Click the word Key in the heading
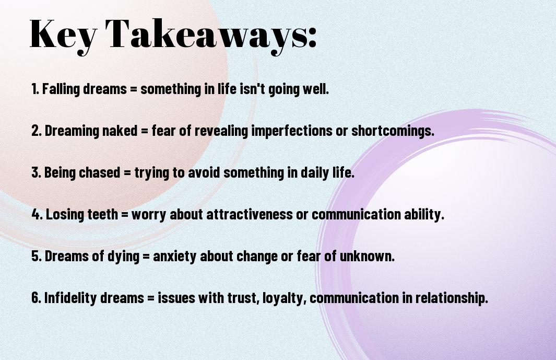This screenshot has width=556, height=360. tap(63, 35)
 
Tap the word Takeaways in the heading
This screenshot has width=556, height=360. tap(206, 35)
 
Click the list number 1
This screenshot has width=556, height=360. tap(35, 89)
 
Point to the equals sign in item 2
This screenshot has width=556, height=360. tap(144, 131)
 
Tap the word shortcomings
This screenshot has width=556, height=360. tap(393, 131)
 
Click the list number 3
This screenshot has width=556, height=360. tap(36, 172)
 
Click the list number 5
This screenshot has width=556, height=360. tap(36, 256)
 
